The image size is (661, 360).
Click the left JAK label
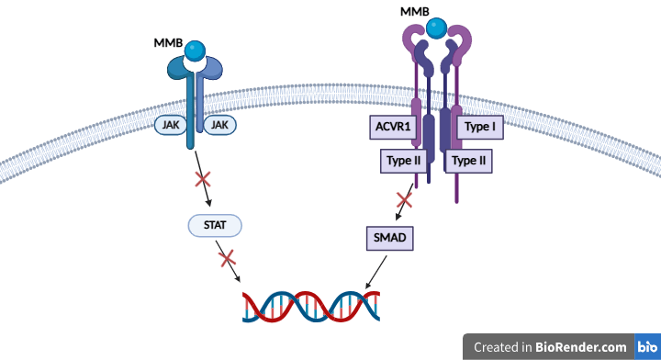pyautogui.click(x=171, y=125)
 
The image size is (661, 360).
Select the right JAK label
pyautogui.click(x=219, y=125)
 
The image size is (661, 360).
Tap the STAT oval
pyautogui.click(x=215, y=226)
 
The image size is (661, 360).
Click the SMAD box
pyautogui.click(x=390, y=238)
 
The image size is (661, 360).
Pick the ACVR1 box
pyautogui.click(x=393, y=127)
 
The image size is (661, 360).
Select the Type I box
pyautogui.click(x=480, y=127)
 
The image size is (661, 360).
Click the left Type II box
pyautogui.click(x=403, y=161)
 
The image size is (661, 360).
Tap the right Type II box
pyautogui.click(x=469, y=161)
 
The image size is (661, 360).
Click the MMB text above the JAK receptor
pyautogui.click(x=168, y=43)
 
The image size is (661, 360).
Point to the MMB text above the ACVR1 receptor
pyautogui.click(x=415, y=12)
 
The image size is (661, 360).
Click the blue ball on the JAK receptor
pyautogui.click(x=195, y=51)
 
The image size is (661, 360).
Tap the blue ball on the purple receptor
pyautogui.click(x=436, y=28)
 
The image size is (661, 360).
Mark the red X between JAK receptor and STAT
pyautogui.click(x=203, y=179)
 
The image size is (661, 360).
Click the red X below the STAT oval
pyautogui.click(x=228, y=258)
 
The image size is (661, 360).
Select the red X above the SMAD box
pyautogui.click(x=404, y=200)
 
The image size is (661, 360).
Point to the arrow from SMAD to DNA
pyautogui.click(x=376, y=273)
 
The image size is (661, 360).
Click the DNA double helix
pyautogui.click(x=311, y=307)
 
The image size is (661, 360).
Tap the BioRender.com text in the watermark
pyautogui.click(x=581, y=347)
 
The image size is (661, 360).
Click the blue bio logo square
pyautogui.click(x=647, y=347)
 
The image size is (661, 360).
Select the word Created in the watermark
pyautogui.click(x=496, y=347)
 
